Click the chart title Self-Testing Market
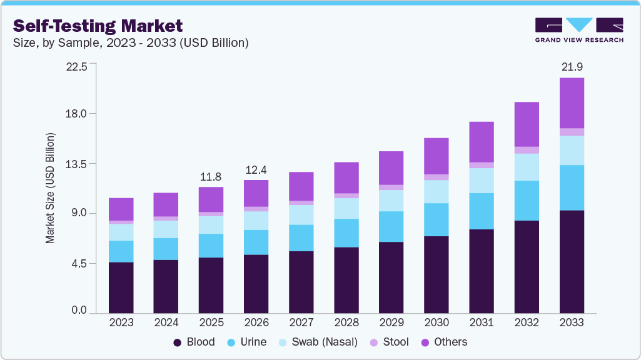tap(98, 26)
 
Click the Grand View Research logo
tap(579, 30)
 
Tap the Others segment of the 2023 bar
tap(121, 209)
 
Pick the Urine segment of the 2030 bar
tap(437, 219)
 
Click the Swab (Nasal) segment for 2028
tap(346, 208)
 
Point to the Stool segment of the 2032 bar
tap(527, 150)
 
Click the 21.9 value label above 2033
tap(572, 66)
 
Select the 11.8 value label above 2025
tap(211, 176)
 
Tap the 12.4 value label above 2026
tap(256, 169)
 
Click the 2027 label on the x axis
tap(301, 322)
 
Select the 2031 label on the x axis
tap(482, 322)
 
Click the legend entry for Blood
tap(194, 342)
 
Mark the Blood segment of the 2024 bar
tap(166, 286)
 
